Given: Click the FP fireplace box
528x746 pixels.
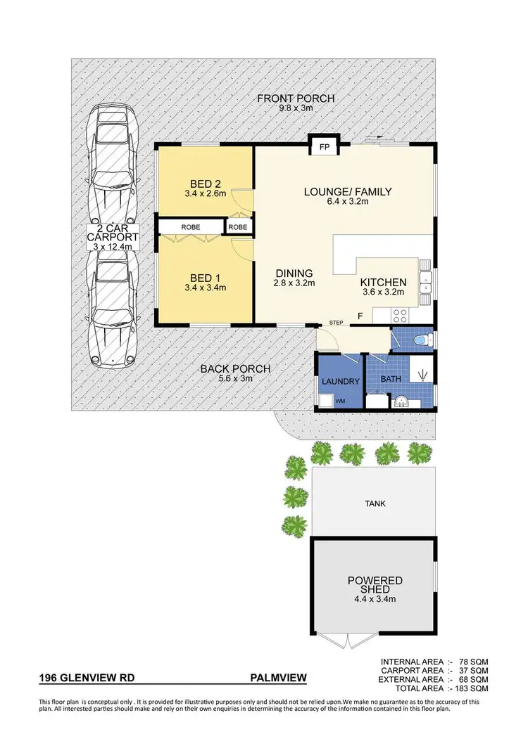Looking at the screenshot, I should click(325, 148).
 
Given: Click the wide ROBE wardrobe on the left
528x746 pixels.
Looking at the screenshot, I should click(191, 228).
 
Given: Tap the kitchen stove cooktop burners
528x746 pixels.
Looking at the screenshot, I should click(401, 316).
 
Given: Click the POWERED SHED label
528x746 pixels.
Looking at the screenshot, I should click(375, 586).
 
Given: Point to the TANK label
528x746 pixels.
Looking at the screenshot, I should click(375, 503).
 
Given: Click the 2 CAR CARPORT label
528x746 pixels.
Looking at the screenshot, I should click(113, 238).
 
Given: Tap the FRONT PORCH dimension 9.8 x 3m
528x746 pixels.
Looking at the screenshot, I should click(295, 108).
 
